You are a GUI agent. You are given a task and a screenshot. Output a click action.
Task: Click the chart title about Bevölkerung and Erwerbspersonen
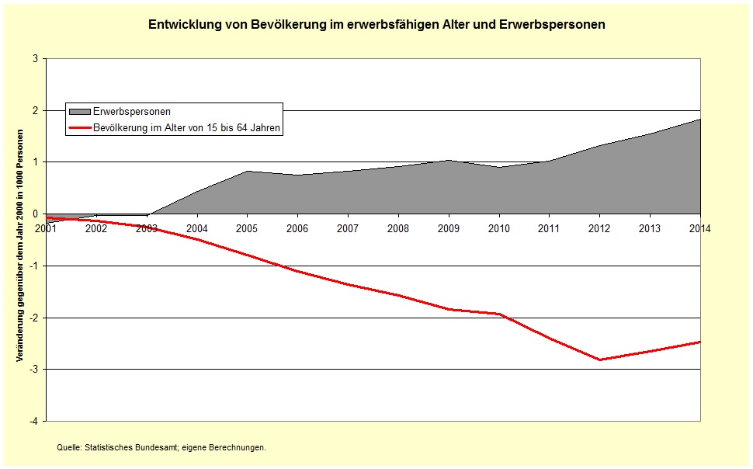click(x=376, y=25)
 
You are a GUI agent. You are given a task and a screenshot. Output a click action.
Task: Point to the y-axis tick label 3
click(x=36, y=58)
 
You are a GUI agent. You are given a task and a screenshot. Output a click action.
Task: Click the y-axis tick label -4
click(x=34, y=421)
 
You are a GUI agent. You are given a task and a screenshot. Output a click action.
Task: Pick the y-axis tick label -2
click(x=34, y=318)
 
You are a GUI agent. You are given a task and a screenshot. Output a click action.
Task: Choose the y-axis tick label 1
click(x=36, y=162)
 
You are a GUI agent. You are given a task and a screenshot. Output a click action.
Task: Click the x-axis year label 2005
click(x=247, y=228)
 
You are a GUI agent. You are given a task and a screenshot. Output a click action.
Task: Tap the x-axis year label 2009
click(x=449, y=228)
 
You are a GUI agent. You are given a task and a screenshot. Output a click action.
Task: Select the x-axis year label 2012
click(x=599, y=228)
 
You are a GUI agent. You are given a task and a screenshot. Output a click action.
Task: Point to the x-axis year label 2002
click(x=96, y=228)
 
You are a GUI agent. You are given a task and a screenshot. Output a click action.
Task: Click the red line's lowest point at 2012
click(x=599, y=360)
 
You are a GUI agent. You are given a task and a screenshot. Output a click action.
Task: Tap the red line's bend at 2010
click(x=499, y=314)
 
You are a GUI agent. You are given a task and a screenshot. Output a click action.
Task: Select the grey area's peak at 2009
click(x=449, y=161)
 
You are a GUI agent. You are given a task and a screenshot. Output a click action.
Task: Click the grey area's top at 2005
click(x=247, y=171)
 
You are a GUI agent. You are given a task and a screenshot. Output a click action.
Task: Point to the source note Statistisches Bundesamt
click(x=161, y=447)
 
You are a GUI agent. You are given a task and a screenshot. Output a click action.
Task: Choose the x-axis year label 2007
click(x=348, y=228)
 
